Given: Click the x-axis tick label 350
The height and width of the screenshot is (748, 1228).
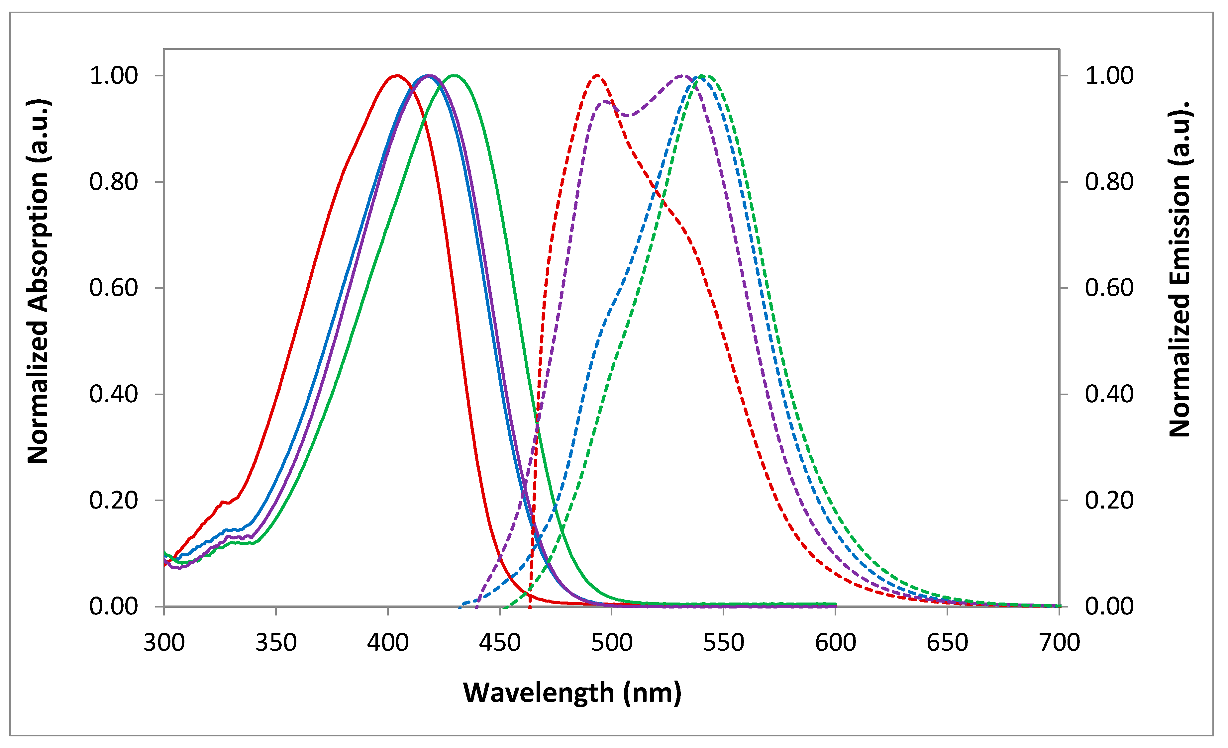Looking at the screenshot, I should [276, 643].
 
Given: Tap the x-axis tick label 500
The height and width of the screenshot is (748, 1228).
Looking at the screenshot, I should [611, 643].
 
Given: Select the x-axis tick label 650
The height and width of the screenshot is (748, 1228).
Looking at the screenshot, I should [947, 643].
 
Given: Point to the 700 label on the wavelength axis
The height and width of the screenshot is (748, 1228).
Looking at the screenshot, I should [1059, 643].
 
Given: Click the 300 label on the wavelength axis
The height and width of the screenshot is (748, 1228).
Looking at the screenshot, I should [164, 643].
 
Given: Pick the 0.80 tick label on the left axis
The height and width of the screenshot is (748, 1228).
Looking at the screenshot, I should [114, 182].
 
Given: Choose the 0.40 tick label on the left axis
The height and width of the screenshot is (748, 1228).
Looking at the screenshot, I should [114, 394].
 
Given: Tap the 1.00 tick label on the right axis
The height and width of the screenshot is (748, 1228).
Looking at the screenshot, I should [1109, 76].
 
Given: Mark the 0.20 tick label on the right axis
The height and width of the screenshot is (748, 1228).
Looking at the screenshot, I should [1109, 500].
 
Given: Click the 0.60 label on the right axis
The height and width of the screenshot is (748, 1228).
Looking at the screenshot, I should [1109, 288].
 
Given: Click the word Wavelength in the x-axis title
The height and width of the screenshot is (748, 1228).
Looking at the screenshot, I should [538, 693].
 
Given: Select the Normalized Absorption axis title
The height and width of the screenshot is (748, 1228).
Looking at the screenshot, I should [38, 282].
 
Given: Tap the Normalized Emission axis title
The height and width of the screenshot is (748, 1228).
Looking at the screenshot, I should [1179, 269].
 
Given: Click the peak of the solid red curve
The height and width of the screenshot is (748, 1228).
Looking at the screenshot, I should [397, 75].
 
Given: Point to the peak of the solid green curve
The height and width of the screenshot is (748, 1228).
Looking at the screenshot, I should [455, 75].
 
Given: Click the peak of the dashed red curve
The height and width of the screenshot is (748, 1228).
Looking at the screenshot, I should [597, 75].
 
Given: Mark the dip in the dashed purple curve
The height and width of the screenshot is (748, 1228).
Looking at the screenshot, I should [629, 116].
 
